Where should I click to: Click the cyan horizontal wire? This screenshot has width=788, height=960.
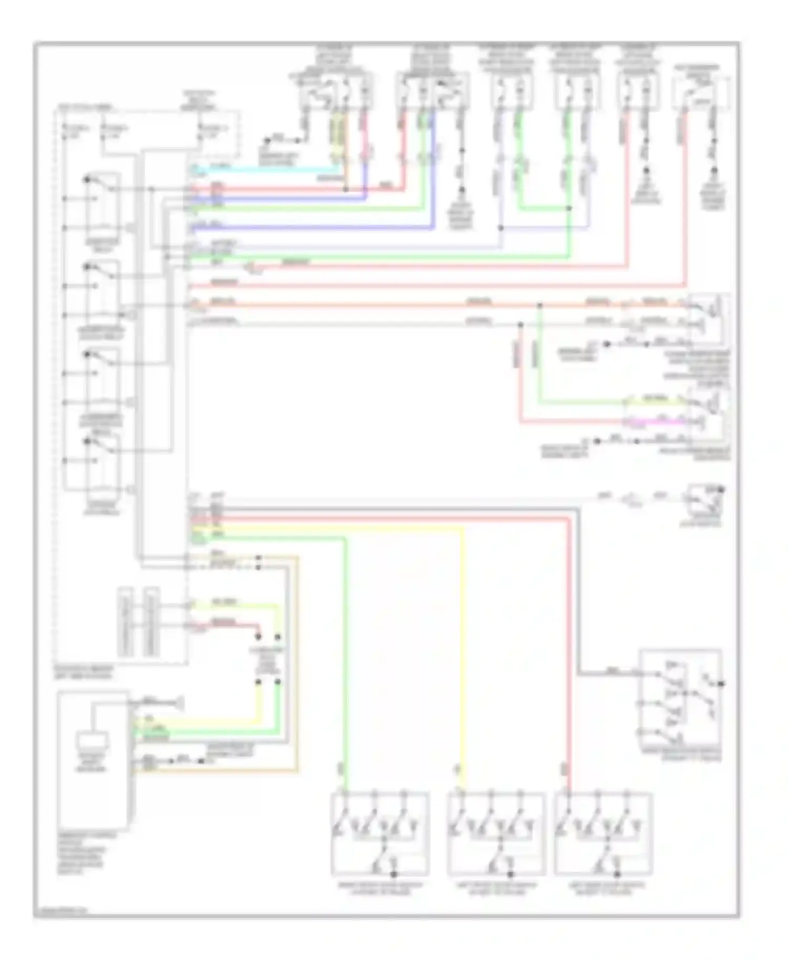(x=263, y=169)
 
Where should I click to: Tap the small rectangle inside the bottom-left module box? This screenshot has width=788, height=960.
(x=93, y=740)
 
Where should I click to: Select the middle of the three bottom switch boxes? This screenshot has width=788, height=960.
(x=496, y=833)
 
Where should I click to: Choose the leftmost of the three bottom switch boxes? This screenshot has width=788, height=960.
(x=380, y=833)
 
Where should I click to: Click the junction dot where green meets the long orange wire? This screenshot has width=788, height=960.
(x=540, y=305)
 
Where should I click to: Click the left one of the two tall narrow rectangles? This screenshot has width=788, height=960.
(x=126, y=622)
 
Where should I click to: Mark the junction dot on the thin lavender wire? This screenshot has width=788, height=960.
(x=501, y=228)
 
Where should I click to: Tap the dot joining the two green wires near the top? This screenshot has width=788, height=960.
(x=569, y=208)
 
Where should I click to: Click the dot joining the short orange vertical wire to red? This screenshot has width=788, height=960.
(x=346, y=189)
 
